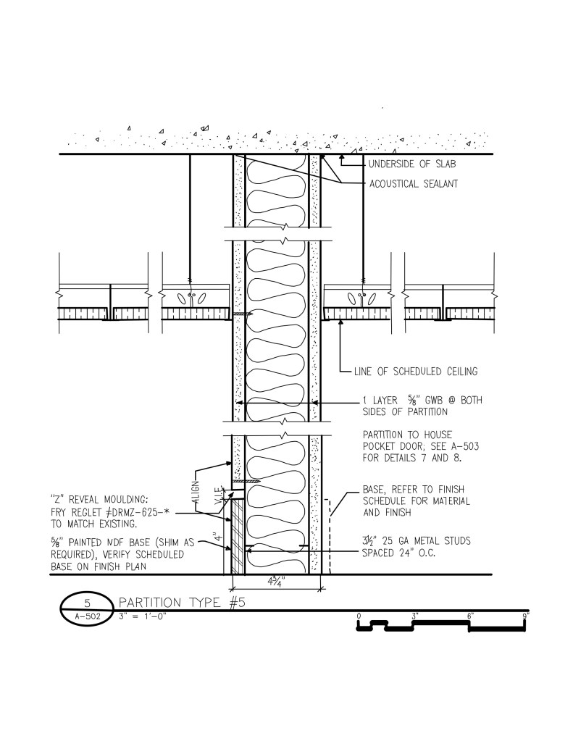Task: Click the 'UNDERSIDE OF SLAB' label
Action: point(411,164)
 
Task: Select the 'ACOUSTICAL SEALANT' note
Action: point(413,184)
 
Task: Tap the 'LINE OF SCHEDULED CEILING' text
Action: point(416,372)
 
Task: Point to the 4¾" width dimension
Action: point(275,581)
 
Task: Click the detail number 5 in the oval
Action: point(87,603)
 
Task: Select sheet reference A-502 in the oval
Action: point(87,616)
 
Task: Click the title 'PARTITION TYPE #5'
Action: point(182,602)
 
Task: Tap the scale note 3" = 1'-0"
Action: point(142,616)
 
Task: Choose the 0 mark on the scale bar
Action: point(359,616)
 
